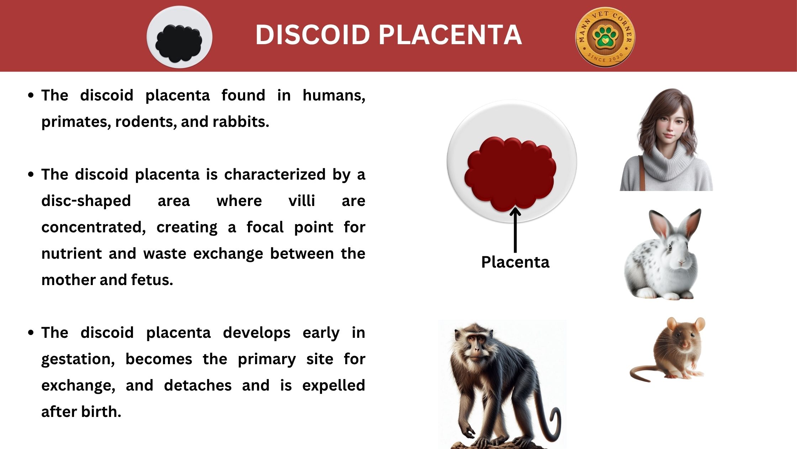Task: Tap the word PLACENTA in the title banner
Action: pyautogui.click(x=450, y=35)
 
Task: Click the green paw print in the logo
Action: pyautogui.click(x=605, y=37)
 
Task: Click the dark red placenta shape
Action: pyautogui.click(x=510, y=174)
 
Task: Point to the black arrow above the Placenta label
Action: pyautogui.click(x=515, y=230)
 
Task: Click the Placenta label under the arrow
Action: pyautogui.click(x=515, y=262)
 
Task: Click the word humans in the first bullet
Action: pyautogui.click(x=334, y=96)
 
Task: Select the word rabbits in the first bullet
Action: pyautogui.click(x=241, y=122)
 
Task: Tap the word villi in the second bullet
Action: pyautogui.click(x=302, y=201)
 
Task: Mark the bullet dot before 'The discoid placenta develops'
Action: pyautogui.click(x=31, y=332)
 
